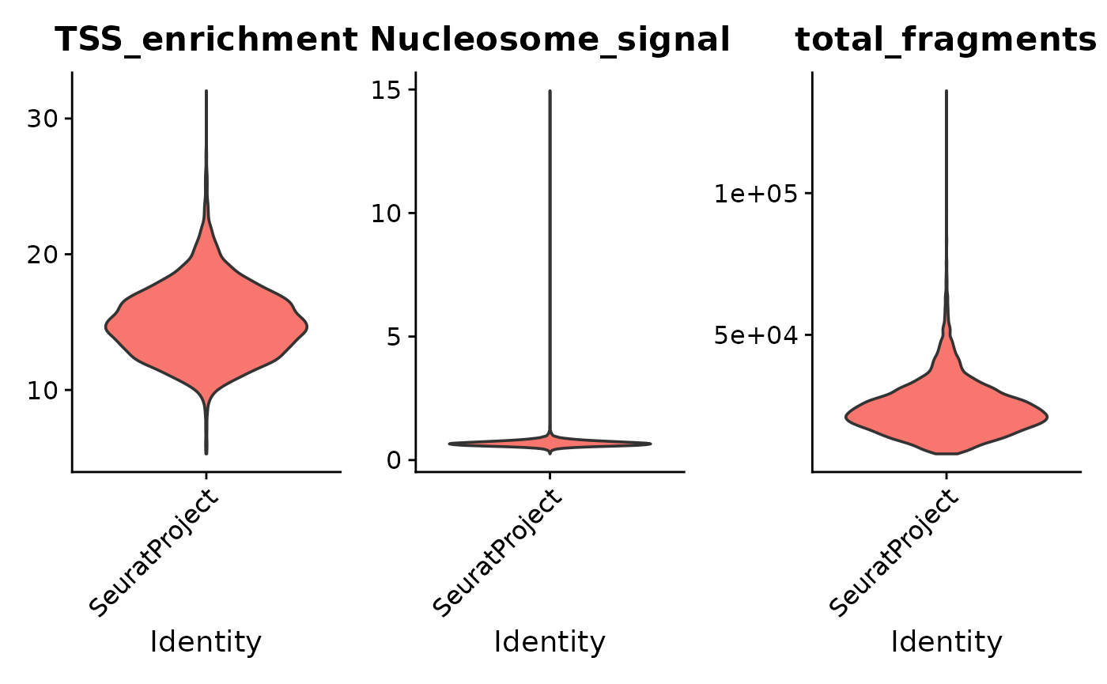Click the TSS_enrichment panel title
click(206, 40)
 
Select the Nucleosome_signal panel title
click(550, 40)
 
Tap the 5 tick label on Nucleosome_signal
click(395, 337)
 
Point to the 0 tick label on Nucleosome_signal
click(395, 460)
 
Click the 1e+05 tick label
click(754, 194)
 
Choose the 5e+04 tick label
click(754, 335)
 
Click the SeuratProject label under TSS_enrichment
click(154, 554)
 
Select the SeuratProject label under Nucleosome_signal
click(498, 554)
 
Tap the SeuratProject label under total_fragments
click(895, 554)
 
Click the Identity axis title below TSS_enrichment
click(206, 642)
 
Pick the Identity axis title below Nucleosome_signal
click(550, 642)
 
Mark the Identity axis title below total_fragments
click(946, 642)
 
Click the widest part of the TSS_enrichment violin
click(206, 327)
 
